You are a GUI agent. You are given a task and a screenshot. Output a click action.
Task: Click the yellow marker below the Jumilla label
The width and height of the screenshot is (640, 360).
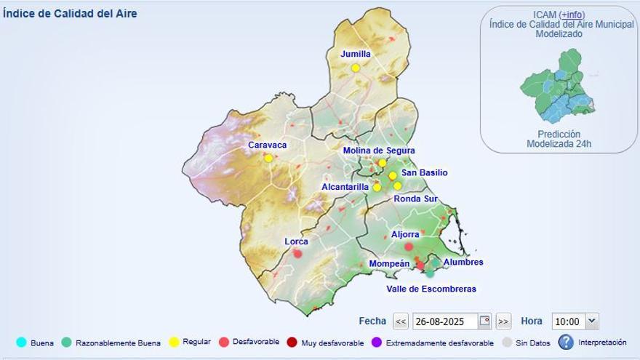coord(356,68)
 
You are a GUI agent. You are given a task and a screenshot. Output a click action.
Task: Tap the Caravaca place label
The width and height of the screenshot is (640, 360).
coord(267,145)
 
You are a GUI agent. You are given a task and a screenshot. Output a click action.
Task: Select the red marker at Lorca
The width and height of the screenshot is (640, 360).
coord(297,253)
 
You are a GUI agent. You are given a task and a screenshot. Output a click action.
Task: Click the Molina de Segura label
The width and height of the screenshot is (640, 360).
coord(379,151)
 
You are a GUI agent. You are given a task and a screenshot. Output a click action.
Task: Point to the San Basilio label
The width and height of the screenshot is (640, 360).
coord(424,172)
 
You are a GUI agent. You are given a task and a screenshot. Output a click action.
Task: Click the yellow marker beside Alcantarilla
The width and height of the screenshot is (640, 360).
coord(377,187)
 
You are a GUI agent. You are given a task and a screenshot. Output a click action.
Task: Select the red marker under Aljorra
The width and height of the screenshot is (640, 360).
coord(409,247)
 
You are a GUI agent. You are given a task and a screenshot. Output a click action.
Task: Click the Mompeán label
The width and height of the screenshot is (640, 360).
coord(390,263)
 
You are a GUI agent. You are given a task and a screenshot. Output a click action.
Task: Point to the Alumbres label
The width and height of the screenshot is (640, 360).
coord(463,262)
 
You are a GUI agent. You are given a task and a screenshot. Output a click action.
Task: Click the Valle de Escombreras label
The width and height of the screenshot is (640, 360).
coord(431,289)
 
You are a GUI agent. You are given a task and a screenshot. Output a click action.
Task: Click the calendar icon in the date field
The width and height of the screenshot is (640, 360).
coord(484,321)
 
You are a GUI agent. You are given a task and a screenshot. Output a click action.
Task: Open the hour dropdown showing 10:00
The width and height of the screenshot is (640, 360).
coord(575,321)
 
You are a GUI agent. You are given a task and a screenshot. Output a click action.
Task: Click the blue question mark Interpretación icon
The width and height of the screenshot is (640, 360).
coord(566,342)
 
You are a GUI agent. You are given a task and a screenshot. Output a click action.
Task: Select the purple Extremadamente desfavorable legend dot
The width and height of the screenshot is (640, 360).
coord(376,343)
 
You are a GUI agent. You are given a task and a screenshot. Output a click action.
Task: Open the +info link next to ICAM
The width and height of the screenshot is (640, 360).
coord(571,15)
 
